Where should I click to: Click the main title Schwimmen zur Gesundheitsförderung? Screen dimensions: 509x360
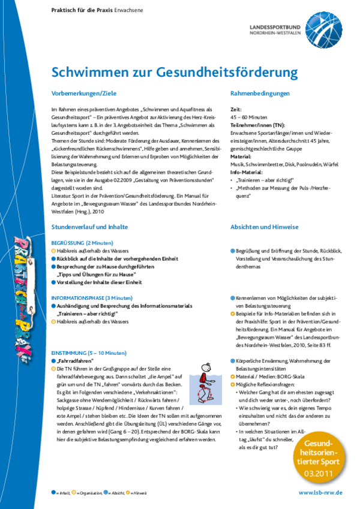coord(175,73)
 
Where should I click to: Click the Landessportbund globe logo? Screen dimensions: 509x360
coord(322,28)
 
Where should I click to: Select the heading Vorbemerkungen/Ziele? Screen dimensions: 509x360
coord(83,94)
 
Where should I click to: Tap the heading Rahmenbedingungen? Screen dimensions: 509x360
coord(260,94)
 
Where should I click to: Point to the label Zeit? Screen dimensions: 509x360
coord(236,110)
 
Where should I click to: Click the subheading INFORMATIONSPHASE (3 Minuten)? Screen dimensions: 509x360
coord(92,298)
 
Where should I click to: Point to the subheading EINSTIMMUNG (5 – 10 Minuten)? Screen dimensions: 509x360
coord(89,353)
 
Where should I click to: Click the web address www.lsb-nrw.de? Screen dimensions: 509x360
coord(320,492)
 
